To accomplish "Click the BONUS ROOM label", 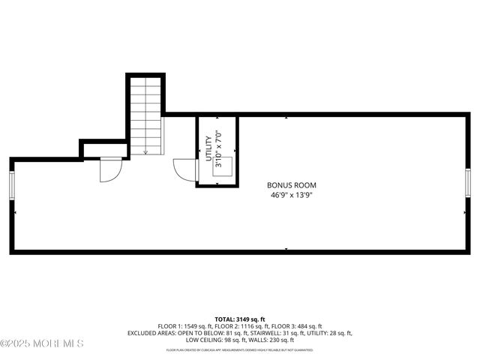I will (292, 185).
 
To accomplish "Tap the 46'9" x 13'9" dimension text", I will (292, 195).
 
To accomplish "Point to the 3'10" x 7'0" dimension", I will (218, 148).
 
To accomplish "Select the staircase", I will (145, 115).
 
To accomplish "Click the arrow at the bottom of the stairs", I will (145, 149).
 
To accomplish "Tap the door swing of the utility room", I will (183, 169).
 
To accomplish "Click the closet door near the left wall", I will (109, 170).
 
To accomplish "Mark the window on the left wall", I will (11, 184).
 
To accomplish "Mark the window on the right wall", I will (468, 182).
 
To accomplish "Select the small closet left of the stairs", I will (104, 150).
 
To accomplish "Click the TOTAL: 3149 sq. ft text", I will (240, 319).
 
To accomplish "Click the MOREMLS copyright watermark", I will (42, 343).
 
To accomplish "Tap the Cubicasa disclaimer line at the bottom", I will (240, 350).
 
